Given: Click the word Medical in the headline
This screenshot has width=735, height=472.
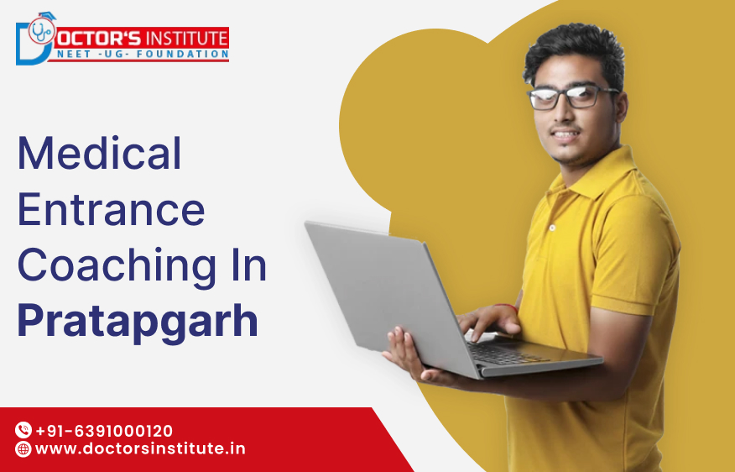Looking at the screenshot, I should (x=100, y=153).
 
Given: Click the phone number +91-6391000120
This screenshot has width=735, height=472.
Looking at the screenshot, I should (x=104, y=431).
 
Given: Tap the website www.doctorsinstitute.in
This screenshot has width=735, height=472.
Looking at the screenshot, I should (x=140, y=448).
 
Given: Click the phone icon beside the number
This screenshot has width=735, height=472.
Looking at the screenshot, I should (x=23, y=431).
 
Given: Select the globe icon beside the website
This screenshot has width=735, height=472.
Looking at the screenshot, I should (x=23, y=449).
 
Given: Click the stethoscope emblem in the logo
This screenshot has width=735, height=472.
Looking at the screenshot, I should (x=40, y=33).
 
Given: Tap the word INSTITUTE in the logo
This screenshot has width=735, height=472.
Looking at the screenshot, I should (x=185, y=38).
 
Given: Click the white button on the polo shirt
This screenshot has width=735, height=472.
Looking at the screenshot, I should (x=552, y=228).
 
